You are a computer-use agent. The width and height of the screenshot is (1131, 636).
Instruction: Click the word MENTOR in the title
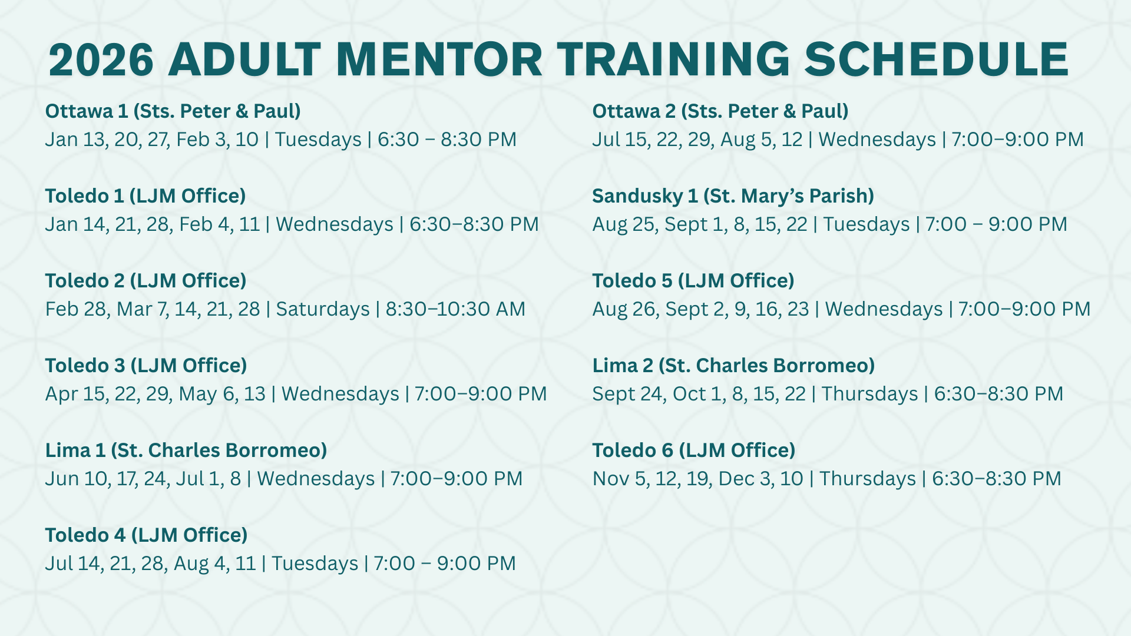[x=439, y=59]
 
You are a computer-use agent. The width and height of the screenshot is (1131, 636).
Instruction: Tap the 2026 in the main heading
[x=101, y=59]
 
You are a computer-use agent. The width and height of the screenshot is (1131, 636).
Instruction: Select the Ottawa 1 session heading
[x=173, y=111]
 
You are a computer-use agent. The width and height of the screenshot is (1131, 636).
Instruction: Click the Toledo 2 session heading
[x=146, y=281]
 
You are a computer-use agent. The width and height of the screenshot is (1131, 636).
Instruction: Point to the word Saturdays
[x=323, y=309]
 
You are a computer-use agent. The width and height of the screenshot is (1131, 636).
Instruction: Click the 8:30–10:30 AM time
[x=455, y=309]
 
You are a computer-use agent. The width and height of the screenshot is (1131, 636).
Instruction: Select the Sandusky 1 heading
[x=733, y=196]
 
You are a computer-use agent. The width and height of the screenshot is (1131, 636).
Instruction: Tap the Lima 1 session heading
[x=186, y=450]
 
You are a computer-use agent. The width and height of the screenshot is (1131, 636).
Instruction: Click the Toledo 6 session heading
[x=694, y=450]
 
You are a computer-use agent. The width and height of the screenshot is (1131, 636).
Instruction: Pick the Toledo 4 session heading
[x=147, y=535]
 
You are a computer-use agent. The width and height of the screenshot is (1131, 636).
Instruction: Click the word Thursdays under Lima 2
[x=870, y=394]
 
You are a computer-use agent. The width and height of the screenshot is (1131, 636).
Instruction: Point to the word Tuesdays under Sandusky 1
[x=867, y=224]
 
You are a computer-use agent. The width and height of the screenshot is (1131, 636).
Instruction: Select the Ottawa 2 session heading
[x=720, y=111]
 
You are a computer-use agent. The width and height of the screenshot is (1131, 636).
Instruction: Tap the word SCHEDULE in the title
[x=937, y=59]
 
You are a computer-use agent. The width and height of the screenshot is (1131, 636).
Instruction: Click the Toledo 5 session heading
[x=693, y=281]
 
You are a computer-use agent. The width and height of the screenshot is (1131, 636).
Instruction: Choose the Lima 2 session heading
[x=734, y=366]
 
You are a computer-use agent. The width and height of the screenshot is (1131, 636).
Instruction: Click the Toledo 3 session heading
[x=146, y=366]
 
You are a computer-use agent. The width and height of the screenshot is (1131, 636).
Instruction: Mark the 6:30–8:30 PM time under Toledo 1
[x=474, y=224]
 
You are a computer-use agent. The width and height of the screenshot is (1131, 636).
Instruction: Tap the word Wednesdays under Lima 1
[x=316, y=479]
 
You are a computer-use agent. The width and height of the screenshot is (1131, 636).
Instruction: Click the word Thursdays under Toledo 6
[x=868, y=479]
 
